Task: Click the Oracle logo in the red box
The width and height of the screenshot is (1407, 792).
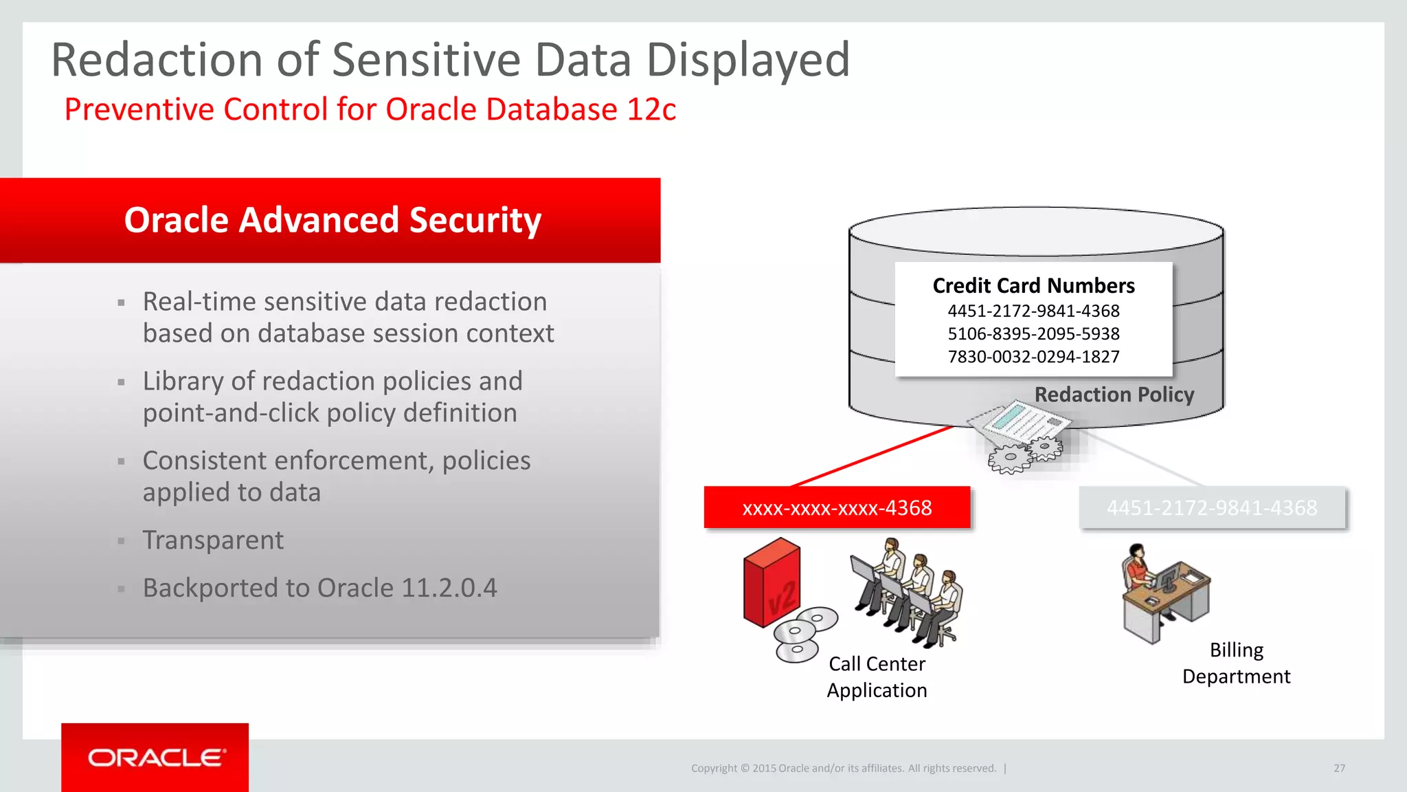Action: (x=156, y=758)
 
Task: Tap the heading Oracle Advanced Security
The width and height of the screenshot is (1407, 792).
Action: (x=333, y=220)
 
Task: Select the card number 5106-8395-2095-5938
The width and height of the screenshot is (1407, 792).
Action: (x=1033, y=334)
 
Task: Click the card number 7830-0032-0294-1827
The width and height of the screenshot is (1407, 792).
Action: (x=1033, y=357)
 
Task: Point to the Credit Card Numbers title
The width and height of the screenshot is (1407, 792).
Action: (x=1033, y=285)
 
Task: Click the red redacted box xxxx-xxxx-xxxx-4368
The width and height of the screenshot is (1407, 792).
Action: (x=837, y=508)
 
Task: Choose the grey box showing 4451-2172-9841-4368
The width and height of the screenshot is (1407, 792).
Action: (x=1212, y=508)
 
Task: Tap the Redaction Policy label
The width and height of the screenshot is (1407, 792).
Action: (x=1114, y=395)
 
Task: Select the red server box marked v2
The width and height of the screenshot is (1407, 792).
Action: (x=772, y=583)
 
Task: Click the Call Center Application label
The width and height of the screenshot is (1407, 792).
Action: (x=877, y=677)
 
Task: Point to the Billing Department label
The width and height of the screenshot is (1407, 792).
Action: (x=1236, y=663)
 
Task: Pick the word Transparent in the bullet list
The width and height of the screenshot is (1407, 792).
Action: (x=213, y=540)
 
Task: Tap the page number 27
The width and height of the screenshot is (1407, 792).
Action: (x=1339, y=769)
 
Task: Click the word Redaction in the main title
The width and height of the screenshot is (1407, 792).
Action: (x=157, y=60)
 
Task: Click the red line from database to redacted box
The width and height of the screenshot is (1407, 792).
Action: (x=873, y=456)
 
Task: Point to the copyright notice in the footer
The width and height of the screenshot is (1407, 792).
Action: (x=844, y=769)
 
